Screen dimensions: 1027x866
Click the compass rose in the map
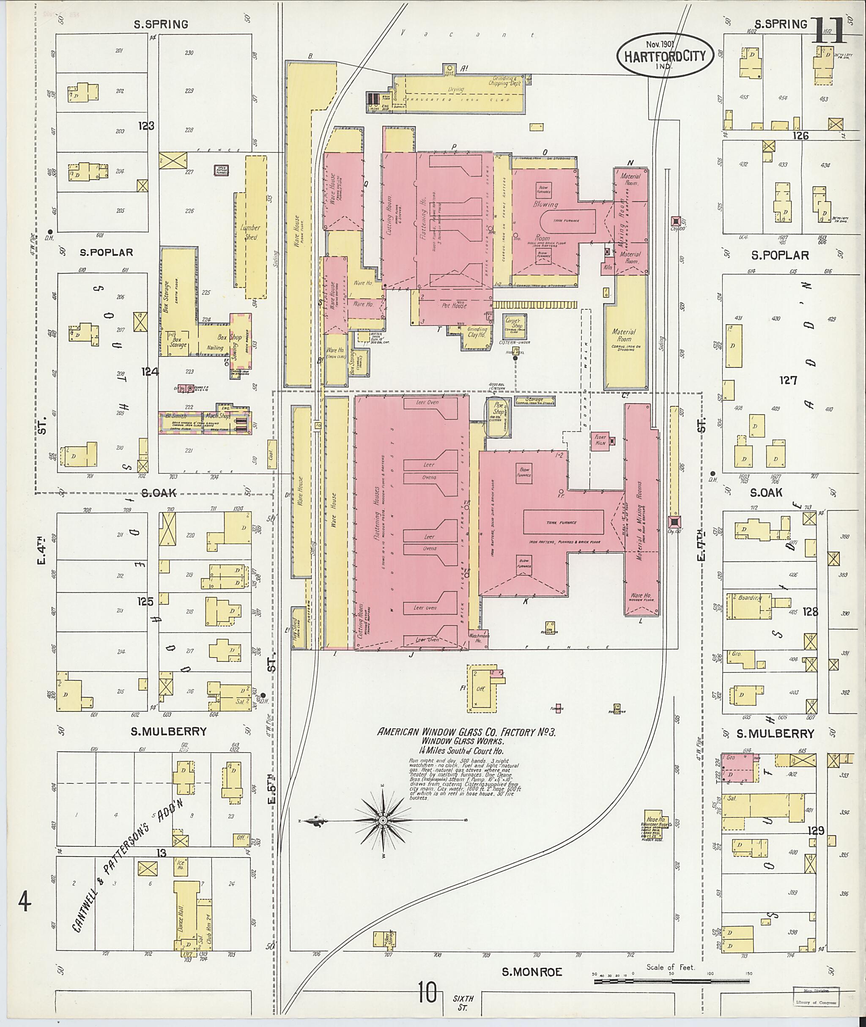click(384, 820)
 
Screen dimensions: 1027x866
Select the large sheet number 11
click(829, 30)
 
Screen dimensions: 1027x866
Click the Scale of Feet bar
click(671, 982)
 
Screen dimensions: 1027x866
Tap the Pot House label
click(454, 305)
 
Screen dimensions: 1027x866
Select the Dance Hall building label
click(181, 915)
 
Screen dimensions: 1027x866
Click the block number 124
click(150, 372)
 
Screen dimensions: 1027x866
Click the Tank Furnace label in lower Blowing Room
click(563, 522)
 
